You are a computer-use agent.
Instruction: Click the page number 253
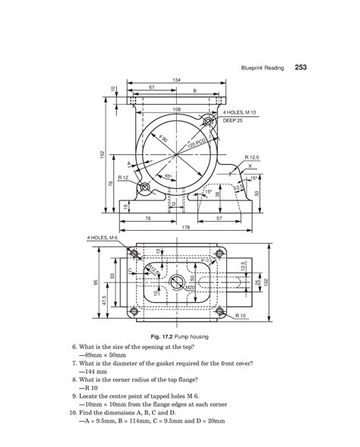[x=296, y=68]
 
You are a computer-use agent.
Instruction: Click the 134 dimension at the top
[x=176, y=80]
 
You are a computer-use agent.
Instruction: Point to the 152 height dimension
[x=102, y=155]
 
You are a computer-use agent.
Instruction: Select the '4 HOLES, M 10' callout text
[x=242, y=112]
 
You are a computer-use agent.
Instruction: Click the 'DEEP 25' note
[x=232, y=120]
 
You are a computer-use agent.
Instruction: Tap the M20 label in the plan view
[x=189, y=287]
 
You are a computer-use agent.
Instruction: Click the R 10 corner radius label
[x=245, y=313]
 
